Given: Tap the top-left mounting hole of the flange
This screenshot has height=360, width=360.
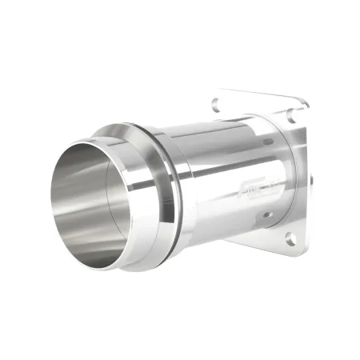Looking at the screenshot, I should [x=218, y=103].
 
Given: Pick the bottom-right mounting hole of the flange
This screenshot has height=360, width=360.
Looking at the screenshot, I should [x=289, y=237].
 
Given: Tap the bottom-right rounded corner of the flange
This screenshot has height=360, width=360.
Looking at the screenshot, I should [x=294, y=248].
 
